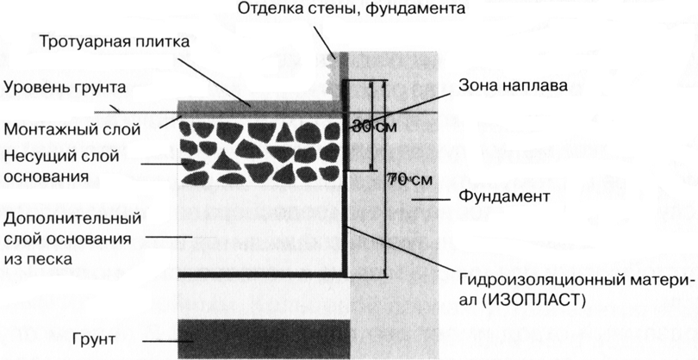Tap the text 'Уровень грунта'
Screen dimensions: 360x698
click(x=65, y=87)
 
